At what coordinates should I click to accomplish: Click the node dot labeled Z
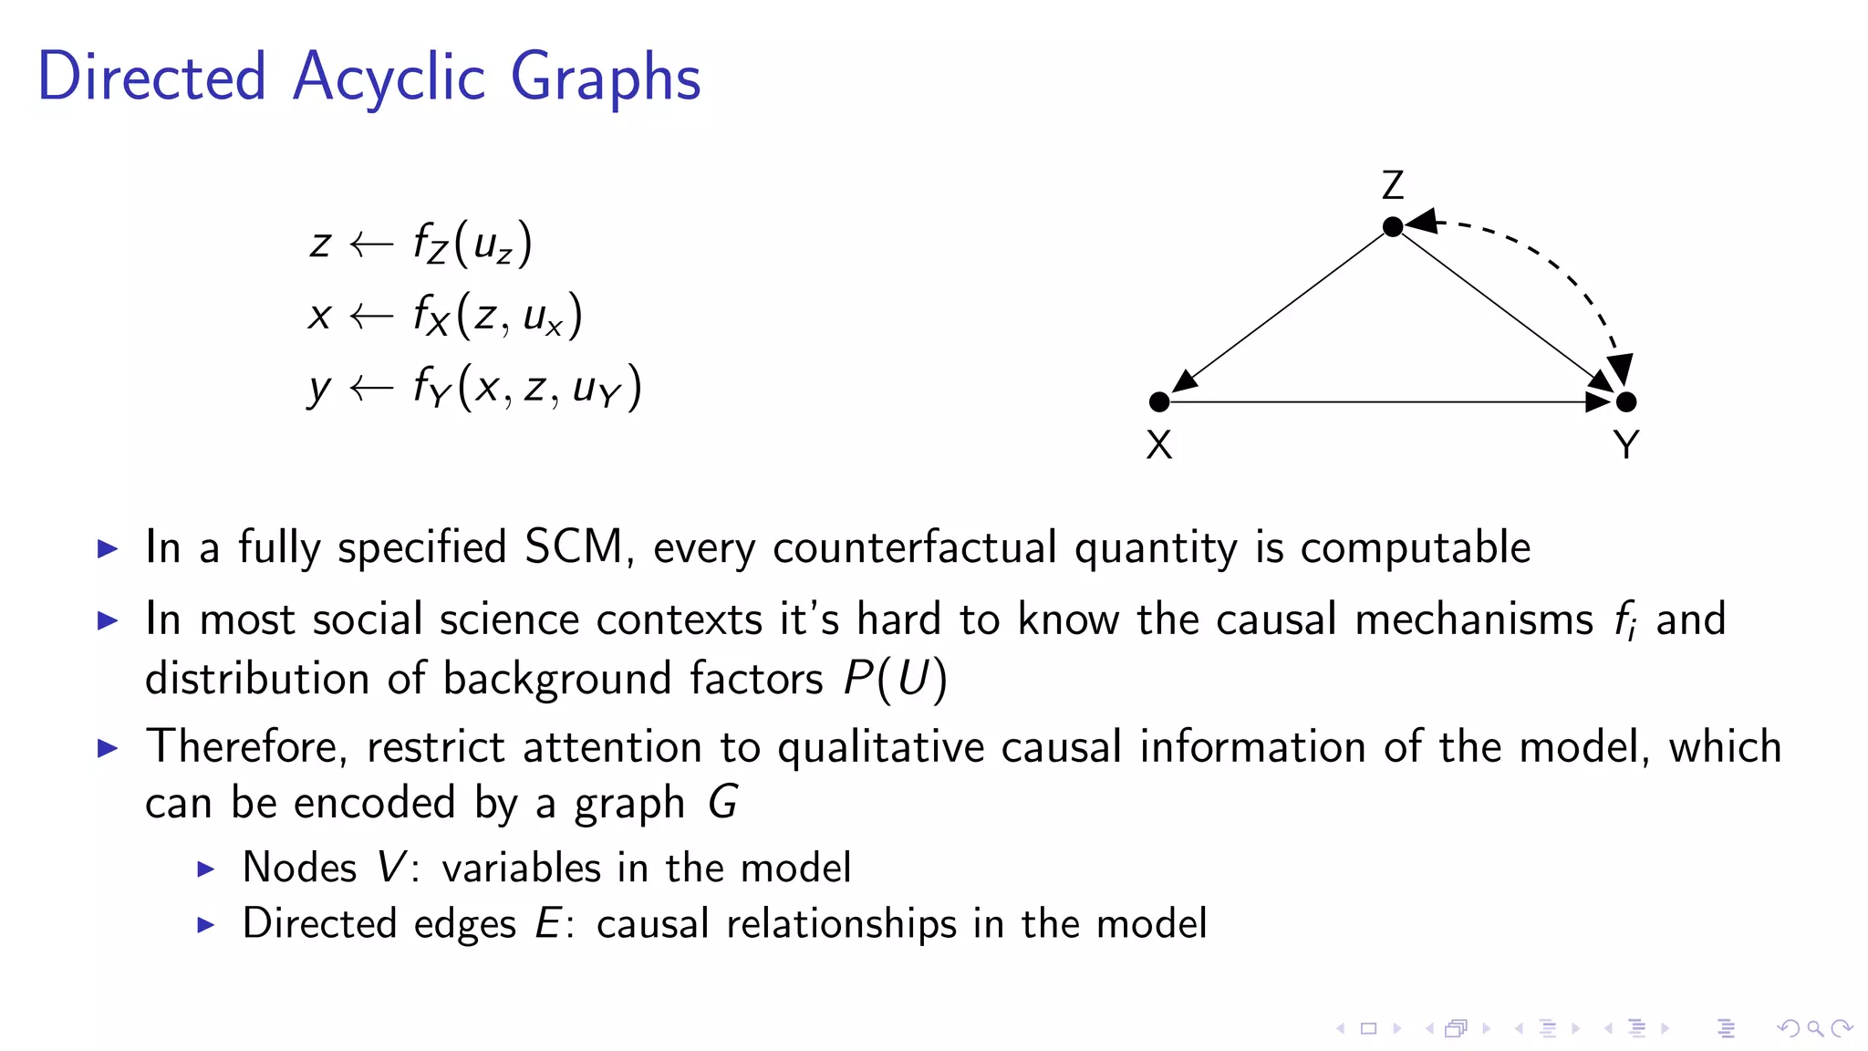[x=1392, y=226]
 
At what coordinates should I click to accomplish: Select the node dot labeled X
[x=1159, y=401]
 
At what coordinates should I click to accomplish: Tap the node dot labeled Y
[x=1625, y=401]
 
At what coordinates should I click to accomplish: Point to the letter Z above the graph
[x=1392, y=185]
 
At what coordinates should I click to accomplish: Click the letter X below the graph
[x=1158, y=445]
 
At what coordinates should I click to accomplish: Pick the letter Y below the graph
[x=1625, y=445]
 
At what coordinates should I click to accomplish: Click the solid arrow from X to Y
[x=1386, y=401]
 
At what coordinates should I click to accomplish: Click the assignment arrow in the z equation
[x=371, y=244]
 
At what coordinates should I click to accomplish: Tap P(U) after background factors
[x=895, y=679]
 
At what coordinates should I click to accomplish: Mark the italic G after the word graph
[x=723, y=803]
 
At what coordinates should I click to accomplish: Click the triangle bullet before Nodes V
[x=206, y=869]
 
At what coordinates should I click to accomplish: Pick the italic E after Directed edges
[x=547, y=923]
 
